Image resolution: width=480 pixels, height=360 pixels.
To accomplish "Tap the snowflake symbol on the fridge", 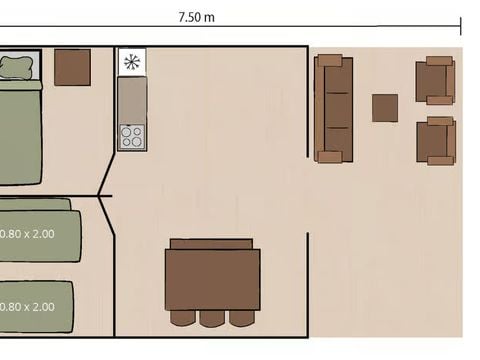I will [131, 62].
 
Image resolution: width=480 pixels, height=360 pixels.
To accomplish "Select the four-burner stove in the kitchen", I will [131, 136].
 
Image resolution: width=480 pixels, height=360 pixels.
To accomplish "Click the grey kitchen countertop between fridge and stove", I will [131, 99].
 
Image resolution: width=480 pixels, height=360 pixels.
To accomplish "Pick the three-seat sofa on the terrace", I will [333, 108].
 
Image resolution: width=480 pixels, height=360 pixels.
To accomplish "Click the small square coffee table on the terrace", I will [385, 108].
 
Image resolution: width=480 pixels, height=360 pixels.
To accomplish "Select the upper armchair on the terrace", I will [436, 80].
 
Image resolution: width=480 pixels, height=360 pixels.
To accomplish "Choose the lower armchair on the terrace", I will [436, 140].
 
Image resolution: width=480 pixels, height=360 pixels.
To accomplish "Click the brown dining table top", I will [213, 280].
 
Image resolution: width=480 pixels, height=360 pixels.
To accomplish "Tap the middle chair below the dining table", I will [213, 318].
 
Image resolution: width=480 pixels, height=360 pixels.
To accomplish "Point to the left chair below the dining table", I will [183, 318].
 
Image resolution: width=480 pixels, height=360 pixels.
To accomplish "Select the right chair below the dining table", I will [242, 318].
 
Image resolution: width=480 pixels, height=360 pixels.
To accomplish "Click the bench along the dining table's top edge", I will [211, 244].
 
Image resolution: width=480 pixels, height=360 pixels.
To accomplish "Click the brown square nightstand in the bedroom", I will [72, 67].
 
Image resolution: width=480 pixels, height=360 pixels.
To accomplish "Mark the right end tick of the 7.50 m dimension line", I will [459, 26].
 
